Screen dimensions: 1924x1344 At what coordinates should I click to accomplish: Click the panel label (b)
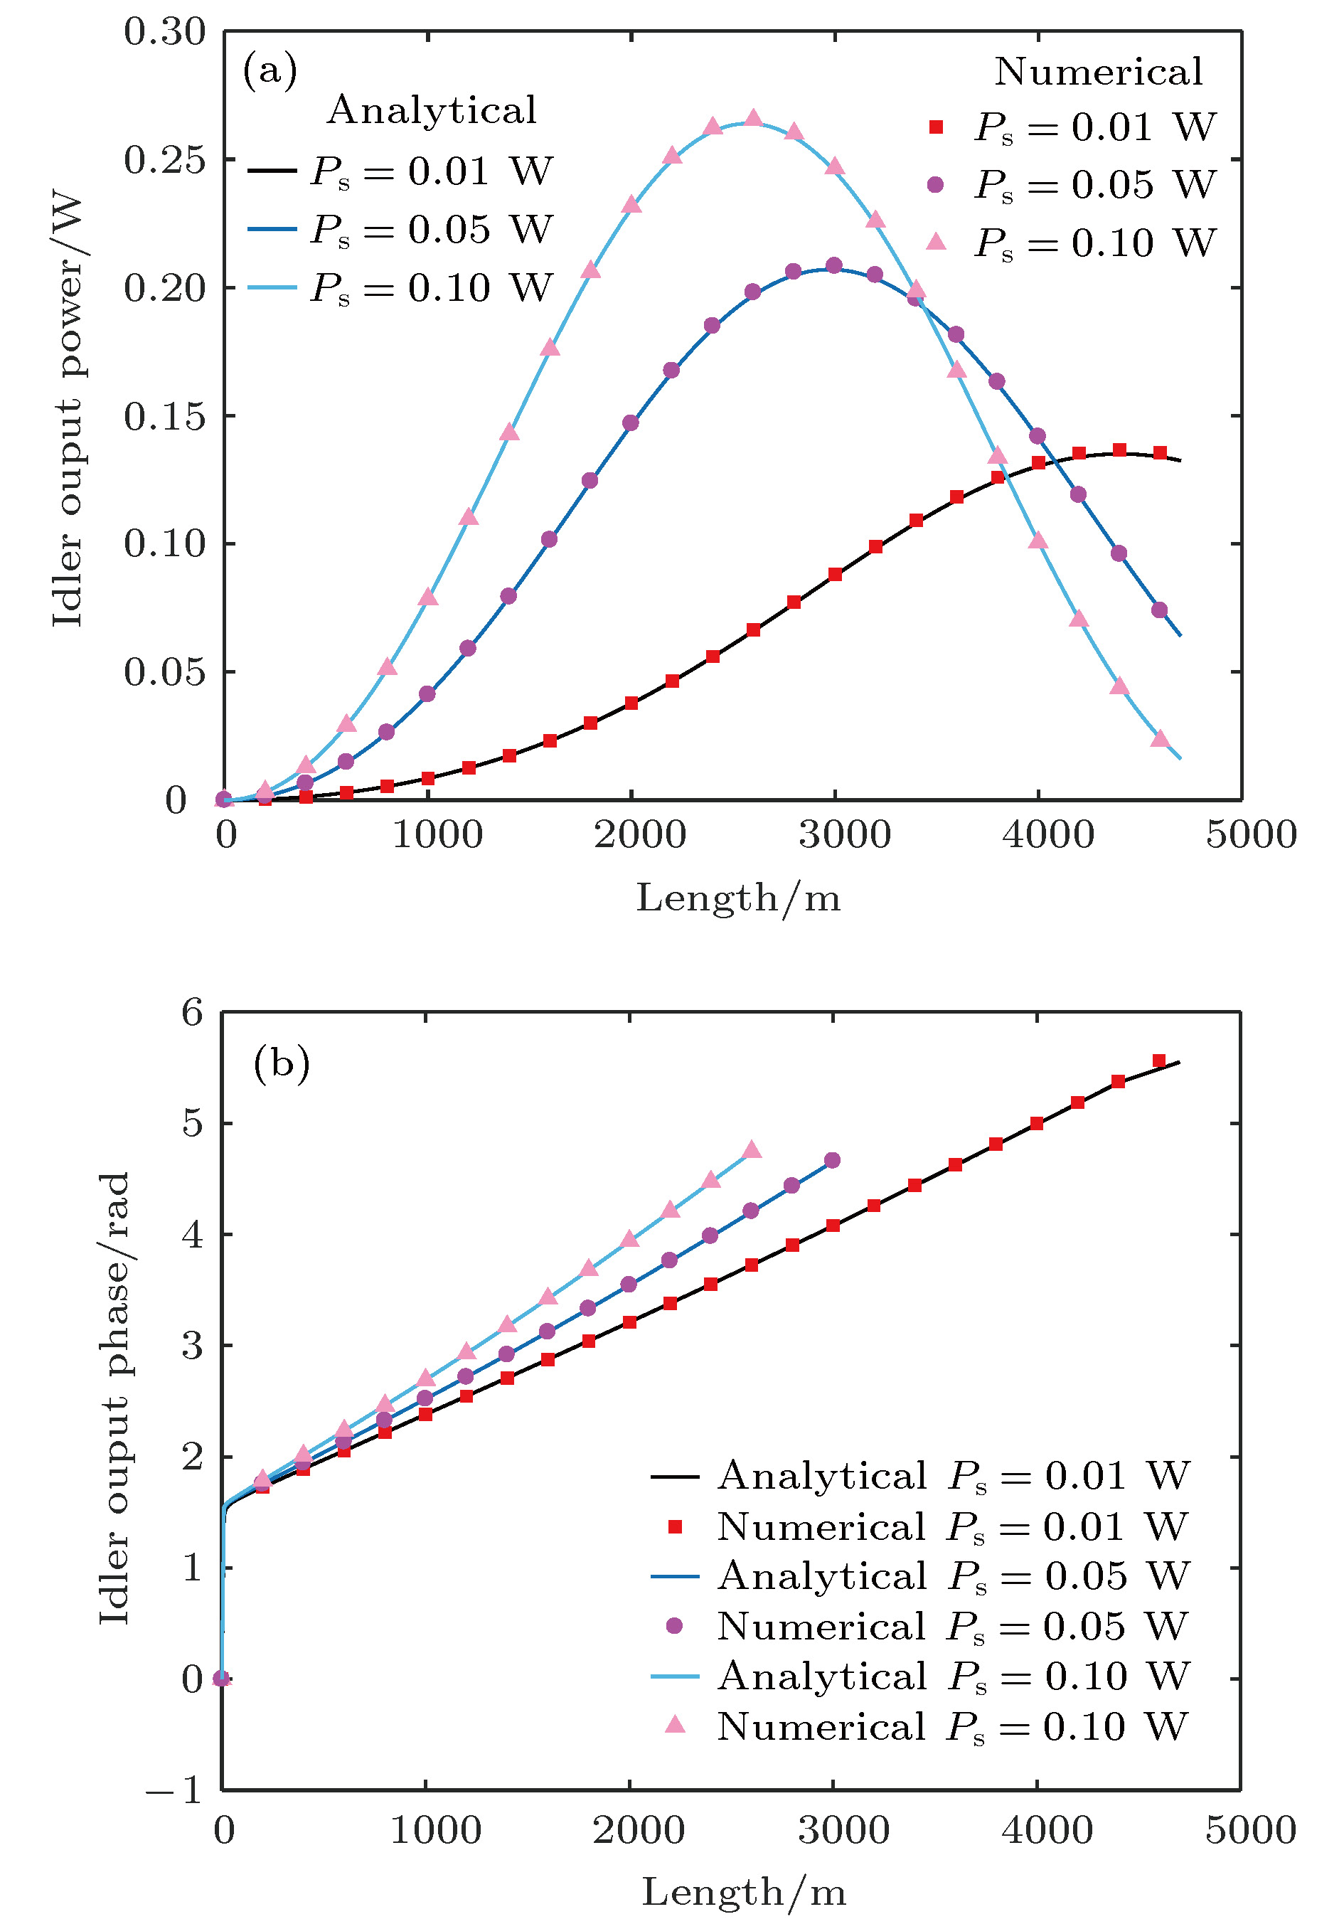point(282,1064)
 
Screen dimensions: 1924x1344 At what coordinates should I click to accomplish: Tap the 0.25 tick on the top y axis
point(164,160)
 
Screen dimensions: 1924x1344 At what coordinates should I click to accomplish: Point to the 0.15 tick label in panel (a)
point(164,417)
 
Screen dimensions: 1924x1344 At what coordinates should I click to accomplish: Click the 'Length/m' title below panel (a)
point(738,898)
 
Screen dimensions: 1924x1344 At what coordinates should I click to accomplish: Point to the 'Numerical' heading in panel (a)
point(1098,72)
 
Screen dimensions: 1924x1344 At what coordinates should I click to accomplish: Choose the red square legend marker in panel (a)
point(936,127)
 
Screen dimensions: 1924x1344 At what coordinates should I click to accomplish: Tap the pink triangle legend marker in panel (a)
point(936,242)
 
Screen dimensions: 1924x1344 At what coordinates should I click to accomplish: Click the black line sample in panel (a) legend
point(272,171)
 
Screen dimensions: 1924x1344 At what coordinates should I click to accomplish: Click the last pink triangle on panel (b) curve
point(752,1149)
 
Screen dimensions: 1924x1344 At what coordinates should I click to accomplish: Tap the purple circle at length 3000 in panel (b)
point(832,1161)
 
